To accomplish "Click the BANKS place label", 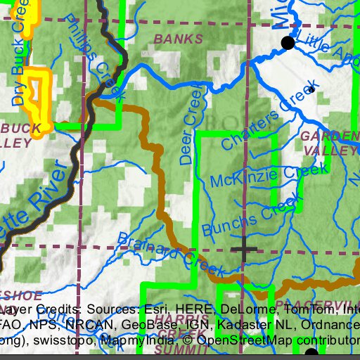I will tap(173, 37).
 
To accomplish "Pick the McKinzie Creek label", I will tap(269, 176).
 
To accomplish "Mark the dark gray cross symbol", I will tap(244, 248).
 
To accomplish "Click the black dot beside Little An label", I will tap(287, 44).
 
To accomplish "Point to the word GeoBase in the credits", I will tap(149, 326).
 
